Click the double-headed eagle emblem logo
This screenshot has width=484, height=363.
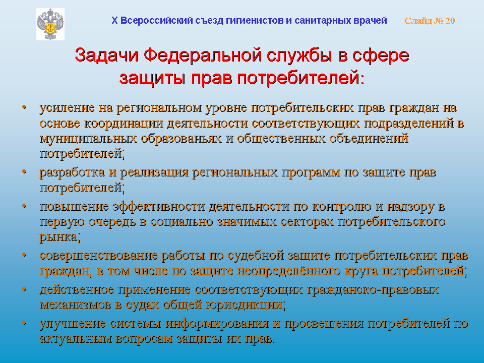tap(50, 24)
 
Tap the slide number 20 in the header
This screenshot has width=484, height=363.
tap(450, 21)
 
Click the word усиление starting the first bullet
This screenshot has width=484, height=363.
tap(67, 108)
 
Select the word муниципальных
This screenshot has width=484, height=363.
tap(88, 138)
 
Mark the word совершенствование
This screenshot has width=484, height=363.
tap(99, 256)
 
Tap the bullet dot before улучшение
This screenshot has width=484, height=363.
tap(24, 323)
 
